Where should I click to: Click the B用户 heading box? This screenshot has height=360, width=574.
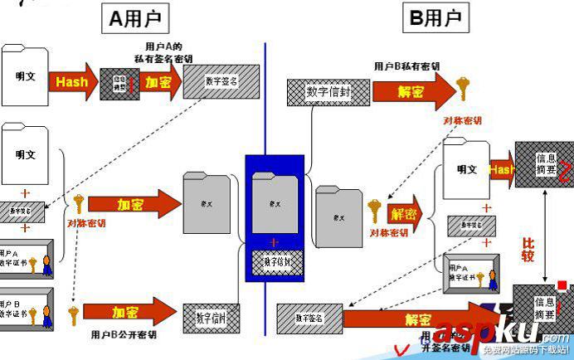(x=435, y=17)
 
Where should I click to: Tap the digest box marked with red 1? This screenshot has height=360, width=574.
(x=119, y=84)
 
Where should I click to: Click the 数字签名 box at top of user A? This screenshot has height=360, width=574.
(x=219, y=81)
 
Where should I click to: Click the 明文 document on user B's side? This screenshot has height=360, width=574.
(x=466, y=169)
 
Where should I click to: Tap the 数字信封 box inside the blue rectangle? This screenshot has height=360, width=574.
(x=278, y=261)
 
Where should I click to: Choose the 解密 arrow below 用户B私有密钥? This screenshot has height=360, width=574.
(x=411, y=91)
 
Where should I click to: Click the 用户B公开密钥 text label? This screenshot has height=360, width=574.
(x=124, y=336)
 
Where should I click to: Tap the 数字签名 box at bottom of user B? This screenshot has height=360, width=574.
(x=309, y=317)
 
